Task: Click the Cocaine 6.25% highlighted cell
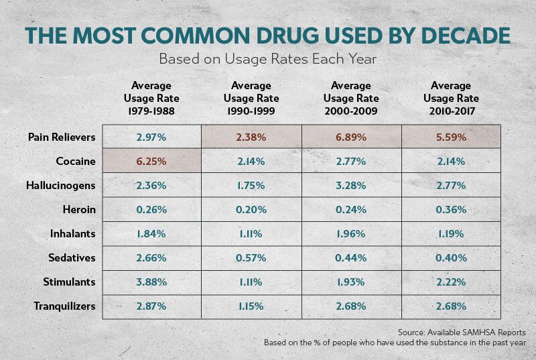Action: (x=151, y=162)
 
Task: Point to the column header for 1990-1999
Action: (x=251, y=98)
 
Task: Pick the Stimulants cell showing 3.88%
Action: (x=151, y=282)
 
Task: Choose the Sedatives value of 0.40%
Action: (x=450, y=258)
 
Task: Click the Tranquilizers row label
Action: (x=65, y=306)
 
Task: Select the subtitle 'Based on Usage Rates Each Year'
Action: (x=268, y=59)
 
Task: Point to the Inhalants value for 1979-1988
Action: (x=151, y=234)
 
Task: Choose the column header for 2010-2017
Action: (x=450, y=98)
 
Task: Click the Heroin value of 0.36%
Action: (x=450, y=210)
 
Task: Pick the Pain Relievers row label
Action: (x=62, y=137)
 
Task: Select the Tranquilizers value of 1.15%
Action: (x=251, y=306)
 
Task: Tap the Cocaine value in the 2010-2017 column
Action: (x=450, y=162)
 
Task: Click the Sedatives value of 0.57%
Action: (x=251, y=258)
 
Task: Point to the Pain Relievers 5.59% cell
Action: (x=450, y=137)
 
